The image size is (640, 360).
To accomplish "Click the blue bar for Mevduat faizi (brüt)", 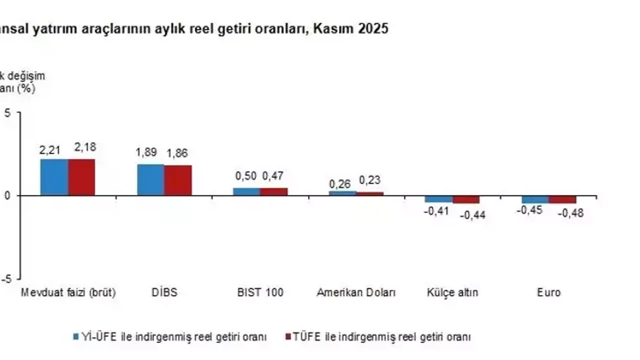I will (x=54, y=177).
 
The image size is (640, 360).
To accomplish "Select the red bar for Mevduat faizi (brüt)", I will (x=81, y=177).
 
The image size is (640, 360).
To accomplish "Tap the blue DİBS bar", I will (x=150, y=179).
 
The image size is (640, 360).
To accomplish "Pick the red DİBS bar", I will (x=178, y=180).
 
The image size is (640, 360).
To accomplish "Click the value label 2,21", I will (x=50, y=149).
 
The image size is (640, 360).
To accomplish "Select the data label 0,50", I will (x=246, y=176).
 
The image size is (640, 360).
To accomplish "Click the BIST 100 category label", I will (x=260, y=292).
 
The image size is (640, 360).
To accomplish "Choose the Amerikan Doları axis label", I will (x=356, y=292).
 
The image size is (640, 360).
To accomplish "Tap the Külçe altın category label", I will (x=452, y=292).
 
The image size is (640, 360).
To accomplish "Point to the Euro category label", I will (x=548, y=292).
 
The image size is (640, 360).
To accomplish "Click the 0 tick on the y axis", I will (x=7, y=195).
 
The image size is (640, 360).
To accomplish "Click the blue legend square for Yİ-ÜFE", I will (x=76, y=336).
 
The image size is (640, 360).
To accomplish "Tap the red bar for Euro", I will (x=562, y=199).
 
